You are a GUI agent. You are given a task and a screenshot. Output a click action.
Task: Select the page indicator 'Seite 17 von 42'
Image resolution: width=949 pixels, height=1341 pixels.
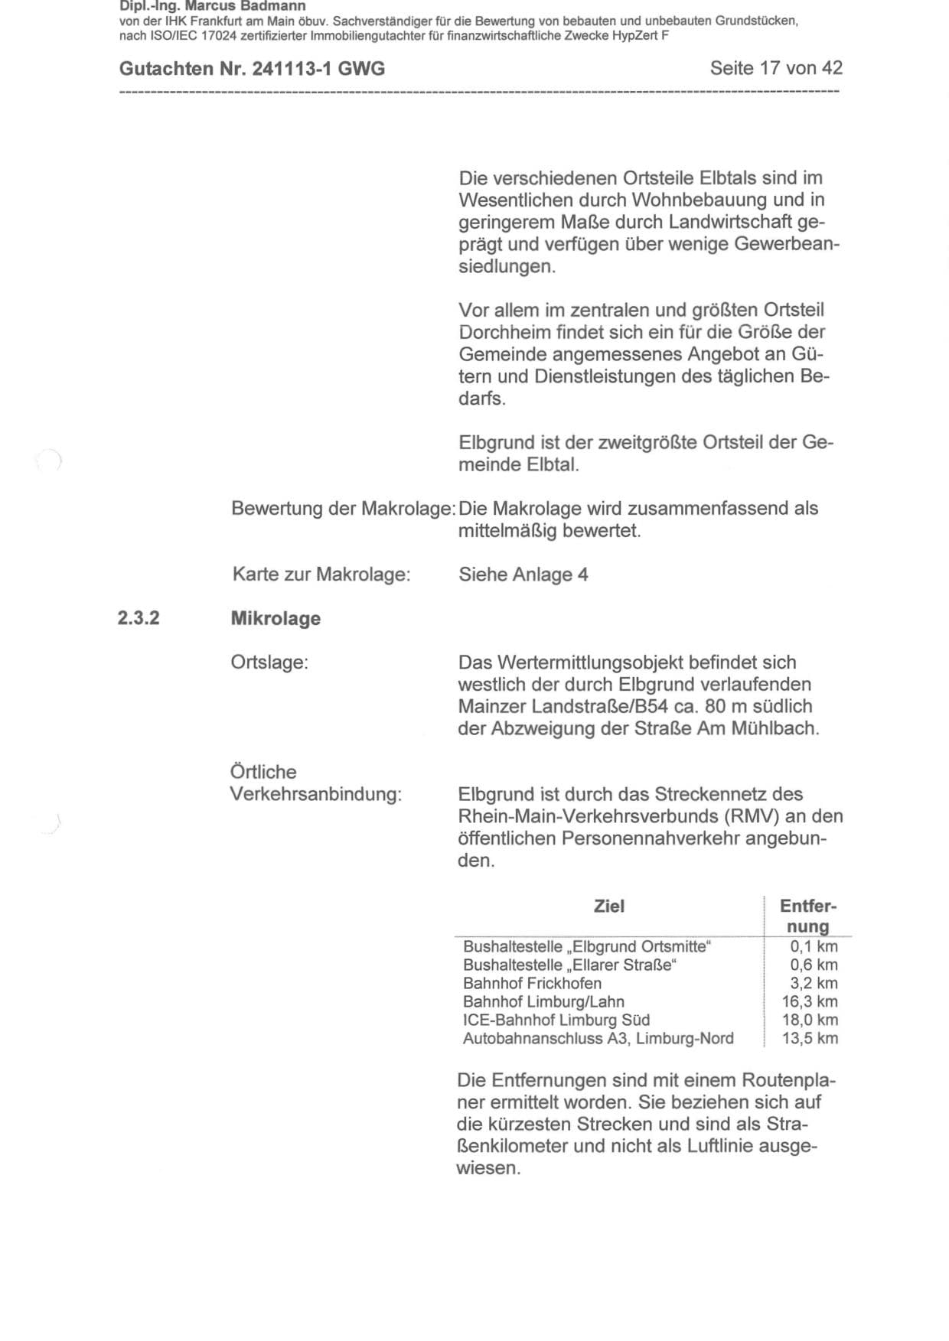pos(776,68)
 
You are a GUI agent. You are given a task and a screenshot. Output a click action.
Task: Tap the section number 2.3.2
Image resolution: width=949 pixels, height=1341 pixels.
pos(139,618)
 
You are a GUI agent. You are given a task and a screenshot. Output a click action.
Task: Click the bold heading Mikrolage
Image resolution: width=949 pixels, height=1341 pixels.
pos(276,619)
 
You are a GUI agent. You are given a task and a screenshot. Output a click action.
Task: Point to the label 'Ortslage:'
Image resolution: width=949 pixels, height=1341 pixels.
pos(269,662)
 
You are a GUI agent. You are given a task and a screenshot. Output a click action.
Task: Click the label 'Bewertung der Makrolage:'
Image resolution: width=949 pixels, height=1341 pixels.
pos(344,509)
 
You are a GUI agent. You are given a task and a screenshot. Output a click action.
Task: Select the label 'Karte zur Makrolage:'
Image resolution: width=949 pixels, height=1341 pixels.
pos(321,574)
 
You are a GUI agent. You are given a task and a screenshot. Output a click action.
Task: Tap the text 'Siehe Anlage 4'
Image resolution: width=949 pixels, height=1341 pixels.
pos(523,574)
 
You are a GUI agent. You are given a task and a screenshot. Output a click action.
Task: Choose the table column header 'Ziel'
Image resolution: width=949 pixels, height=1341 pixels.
pos(609,906)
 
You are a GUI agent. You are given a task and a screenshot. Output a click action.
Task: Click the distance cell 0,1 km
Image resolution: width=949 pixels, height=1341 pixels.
pos(814,947)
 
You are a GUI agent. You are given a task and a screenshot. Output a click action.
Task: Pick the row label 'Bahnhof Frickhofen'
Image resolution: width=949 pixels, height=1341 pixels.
pos(532,984)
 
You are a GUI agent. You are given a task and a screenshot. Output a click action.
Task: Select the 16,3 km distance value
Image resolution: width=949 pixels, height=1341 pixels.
pos(810,1002)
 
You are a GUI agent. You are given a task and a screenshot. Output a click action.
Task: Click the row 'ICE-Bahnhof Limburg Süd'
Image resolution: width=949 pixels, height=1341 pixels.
pos(556,1020)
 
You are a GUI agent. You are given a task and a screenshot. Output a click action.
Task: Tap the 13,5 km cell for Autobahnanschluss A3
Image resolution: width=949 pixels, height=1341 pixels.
pos(810,1039)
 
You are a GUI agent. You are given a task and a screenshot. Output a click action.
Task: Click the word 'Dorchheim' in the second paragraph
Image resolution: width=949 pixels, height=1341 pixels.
pos(501,333)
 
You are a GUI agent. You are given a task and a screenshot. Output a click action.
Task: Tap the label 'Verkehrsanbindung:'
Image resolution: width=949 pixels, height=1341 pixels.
pos(316,794)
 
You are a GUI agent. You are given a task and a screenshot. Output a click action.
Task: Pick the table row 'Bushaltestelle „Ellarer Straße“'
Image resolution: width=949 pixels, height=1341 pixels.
pos(570,965)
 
